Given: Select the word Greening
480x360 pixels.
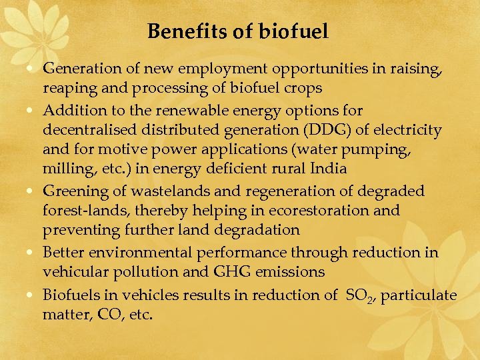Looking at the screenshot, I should coord(71,191).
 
